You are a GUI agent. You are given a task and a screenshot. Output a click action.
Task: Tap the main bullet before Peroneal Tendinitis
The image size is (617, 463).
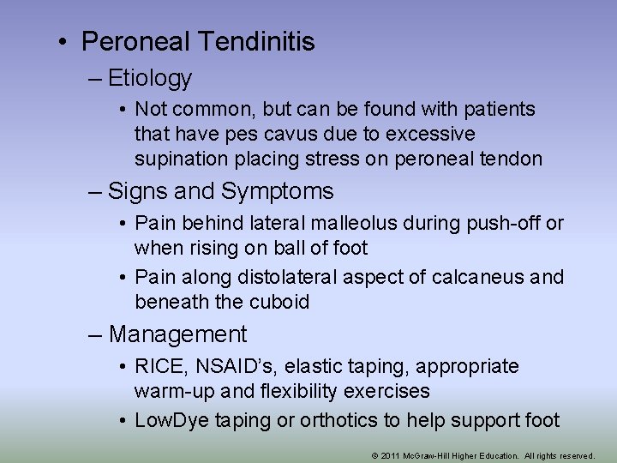(64, 41)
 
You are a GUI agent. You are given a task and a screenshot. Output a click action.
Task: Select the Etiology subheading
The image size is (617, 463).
(151, 79)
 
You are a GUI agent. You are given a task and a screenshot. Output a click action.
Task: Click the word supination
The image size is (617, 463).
(177, 159)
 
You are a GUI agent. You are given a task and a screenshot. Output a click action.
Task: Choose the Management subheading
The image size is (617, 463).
(177, 334)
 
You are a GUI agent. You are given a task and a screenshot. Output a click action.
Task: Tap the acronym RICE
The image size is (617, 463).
(161, 367)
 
